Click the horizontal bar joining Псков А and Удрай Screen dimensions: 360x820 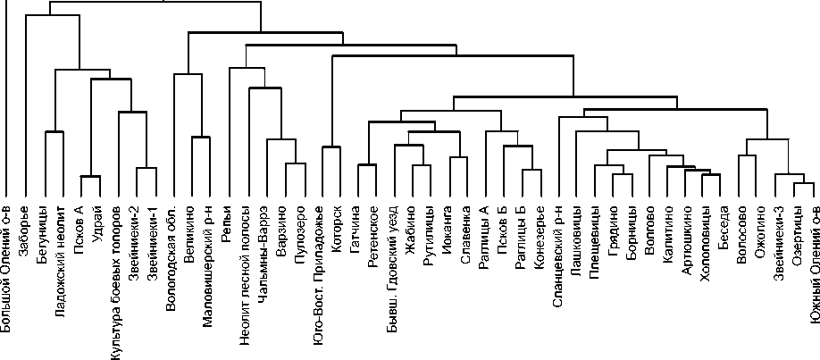coord(90,176)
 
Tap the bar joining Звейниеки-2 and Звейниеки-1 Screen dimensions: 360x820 coord(146,168)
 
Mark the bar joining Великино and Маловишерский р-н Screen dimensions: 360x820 coord(199,137)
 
